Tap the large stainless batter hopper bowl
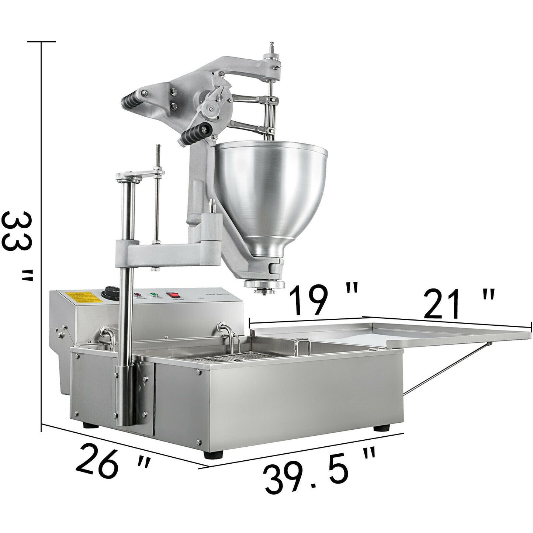tap(271, 192)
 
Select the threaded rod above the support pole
tap(156, 162)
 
